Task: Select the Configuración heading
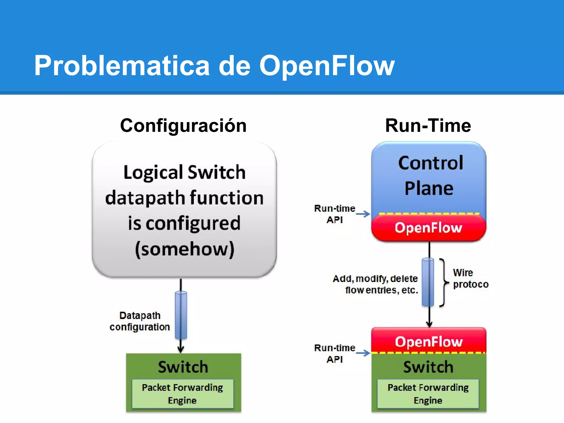click(183, 126)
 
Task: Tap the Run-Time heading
click(428, 126)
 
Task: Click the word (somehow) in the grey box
click(185, 249)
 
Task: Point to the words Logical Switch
click(185, 172)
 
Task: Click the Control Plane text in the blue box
click(430, 175)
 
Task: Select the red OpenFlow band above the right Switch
click(429, 341)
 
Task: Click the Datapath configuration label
click(140, 321)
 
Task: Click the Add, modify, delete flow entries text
click(376, 284)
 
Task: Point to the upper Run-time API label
click(335, 214)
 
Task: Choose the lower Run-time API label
click(335, 353)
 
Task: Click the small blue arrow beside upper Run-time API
click(363, 214)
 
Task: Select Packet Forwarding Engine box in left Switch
click(183, 394)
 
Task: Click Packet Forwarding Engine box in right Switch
click(428, 394)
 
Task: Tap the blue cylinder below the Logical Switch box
click(181, 315)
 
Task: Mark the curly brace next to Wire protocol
click(443, 282)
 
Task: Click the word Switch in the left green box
click(183, 367)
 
